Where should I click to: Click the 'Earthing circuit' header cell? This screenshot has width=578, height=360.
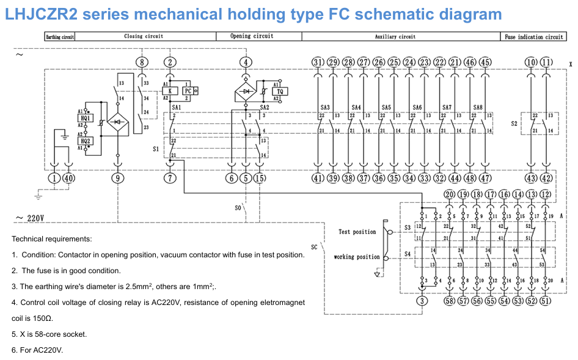(60, 37)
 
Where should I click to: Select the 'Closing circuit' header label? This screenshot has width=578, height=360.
(144, 37)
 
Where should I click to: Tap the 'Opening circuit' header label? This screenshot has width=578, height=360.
(252, 37)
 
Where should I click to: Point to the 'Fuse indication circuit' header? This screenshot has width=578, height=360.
(534, 37)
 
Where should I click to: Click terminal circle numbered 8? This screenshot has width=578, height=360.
(142, 62)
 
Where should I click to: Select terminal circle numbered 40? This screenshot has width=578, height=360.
(69, 178)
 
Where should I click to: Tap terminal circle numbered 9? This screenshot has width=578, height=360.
(117, 178)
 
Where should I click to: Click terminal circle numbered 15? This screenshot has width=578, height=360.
(260, 178)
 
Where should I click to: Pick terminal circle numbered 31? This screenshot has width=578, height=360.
(318, 62)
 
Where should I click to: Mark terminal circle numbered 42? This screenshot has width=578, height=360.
(546, 178)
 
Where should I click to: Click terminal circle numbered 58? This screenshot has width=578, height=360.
(449, 301)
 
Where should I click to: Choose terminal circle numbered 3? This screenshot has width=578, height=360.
(422, 301)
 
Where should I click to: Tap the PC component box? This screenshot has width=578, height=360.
(188, 91)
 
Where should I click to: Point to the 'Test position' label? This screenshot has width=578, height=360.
(357, 232)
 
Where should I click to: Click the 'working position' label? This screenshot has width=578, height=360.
(356, 257)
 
